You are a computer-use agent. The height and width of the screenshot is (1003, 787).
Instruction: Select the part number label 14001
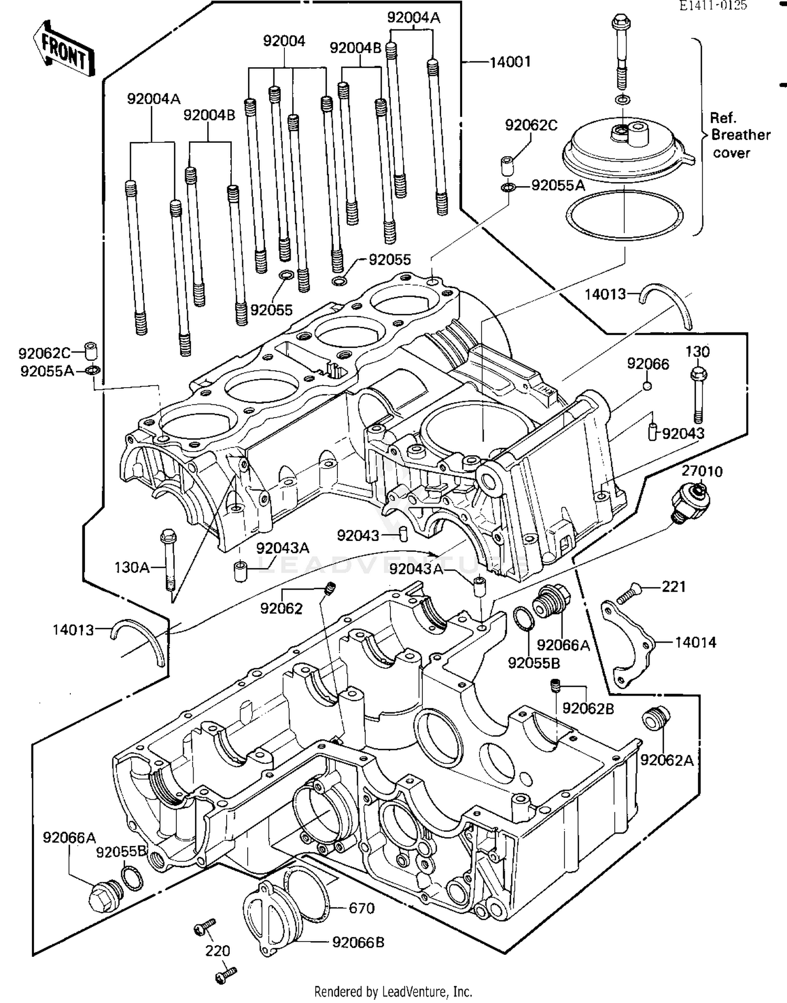[x=510, y=62]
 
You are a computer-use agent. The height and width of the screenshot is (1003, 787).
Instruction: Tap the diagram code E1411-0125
[x=712, y=6]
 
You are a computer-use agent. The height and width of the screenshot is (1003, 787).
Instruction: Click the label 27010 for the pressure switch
[x=702, y=471]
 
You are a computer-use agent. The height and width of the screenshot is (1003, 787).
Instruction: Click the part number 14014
[x=695, y=642]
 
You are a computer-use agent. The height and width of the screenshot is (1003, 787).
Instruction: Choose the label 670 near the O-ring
[x=361, y=908]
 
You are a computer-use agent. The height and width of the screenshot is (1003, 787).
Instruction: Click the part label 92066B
[x=358, y=943]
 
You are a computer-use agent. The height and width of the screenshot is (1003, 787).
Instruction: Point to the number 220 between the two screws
[x=217, y=951]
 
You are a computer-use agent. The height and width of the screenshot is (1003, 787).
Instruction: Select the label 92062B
[x=588, y=708]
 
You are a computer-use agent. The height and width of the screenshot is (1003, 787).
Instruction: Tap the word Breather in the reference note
[x=740, y=135]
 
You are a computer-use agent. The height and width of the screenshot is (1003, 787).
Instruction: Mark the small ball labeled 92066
[x=647, y=386]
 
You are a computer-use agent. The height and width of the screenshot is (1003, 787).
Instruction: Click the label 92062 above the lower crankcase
[x=281, y=609]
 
